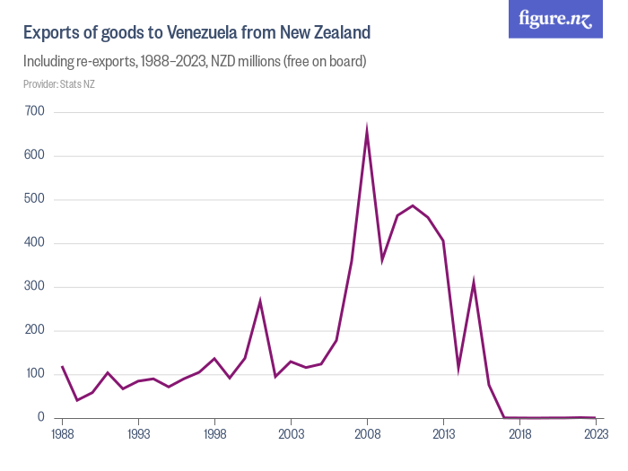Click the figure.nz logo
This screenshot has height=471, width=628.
[x=555, y=19]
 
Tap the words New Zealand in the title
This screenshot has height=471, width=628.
[x=325, y=33]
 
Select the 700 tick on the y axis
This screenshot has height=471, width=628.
[x=36, y=112]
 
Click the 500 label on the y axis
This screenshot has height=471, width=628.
[x=36, y=199]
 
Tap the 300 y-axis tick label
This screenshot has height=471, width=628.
[x=36, y=287]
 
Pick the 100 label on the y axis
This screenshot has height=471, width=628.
[x=36, y=374]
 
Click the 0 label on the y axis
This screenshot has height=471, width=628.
[x=41, y=418]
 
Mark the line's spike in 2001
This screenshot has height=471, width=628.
[x=260, y=301]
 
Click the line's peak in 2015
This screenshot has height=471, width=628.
[x=474, y=283]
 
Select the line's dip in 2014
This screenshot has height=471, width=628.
[x=458, y=368]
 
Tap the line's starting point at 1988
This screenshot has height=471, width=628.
[x=62, y=366]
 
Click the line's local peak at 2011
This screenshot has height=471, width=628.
[x=413, y=205]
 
